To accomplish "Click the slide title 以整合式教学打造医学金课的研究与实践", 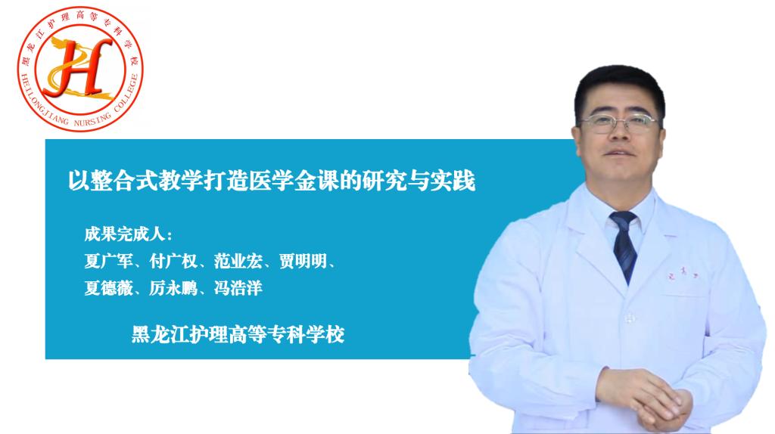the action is [272, 181].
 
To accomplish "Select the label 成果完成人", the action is [125, 234].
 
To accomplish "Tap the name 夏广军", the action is [108, 261].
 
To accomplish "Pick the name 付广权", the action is [173, 261].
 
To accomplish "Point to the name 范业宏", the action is [238, 261].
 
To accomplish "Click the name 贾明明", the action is [303, 261].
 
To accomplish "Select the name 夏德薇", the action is [108, 288].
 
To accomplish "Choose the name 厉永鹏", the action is [173, 288].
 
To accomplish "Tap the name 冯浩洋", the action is [238, 288].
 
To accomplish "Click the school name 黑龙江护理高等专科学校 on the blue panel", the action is [238, 335].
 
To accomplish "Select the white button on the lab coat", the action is [629, 318].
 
